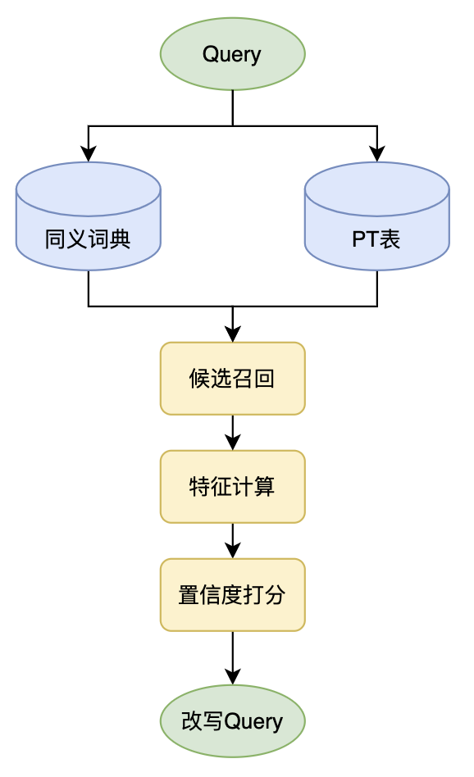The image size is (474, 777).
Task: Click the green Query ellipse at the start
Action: tap(233, 54)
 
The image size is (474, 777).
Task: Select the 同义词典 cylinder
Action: tap(89, 216)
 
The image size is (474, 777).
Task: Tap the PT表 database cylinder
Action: tap(376, 216)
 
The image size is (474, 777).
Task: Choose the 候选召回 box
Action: tap(233, 378)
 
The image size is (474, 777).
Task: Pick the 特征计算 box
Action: tap(233, 487)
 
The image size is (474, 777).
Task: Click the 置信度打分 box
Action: tap(233, 595)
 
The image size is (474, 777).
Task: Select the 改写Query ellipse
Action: tap(233, 721)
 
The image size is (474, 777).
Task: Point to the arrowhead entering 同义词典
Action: tap(89, 153)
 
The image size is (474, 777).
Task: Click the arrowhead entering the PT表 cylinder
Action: tap(377, 153)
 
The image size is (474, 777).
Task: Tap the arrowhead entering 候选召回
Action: tap(233, 334)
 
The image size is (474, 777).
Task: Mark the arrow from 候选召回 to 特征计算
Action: tap(233, 433)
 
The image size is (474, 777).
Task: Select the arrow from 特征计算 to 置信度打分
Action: tap(233, 541)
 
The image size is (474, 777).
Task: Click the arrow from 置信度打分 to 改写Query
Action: tap(233, 658)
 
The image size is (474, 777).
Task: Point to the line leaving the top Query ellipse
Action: tap(233, 108)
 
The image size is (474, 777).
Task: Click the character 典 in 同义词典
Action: tap(120, 239)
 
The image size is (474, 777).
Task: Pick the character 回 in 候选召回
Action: tap(264, 379)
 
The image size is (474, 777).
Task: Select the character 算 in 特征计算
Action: tap(265, 487)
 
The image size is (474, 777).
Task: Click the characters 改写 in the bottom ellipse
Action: tap(203, 721)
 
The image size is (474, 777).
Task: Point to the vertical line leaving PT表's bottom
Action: tap(377, 289)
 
